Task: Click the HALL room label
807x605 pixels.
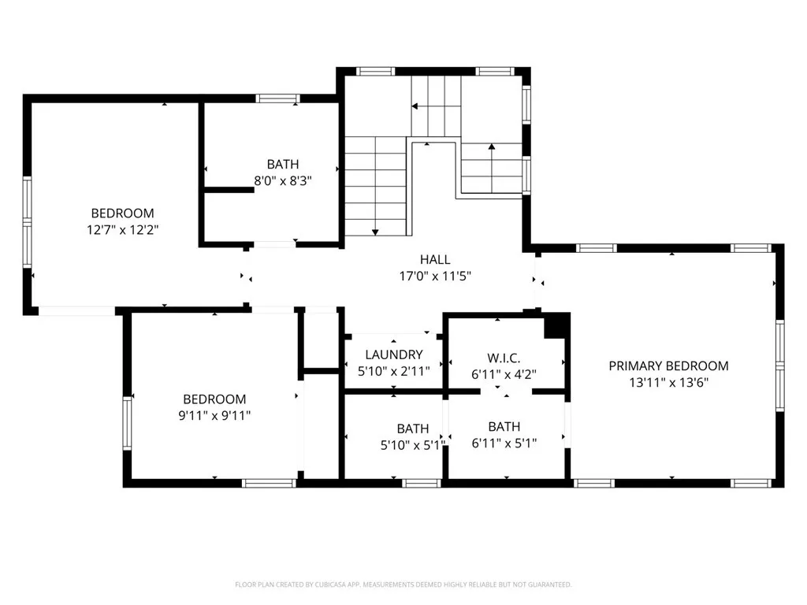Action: (x=435, y=259)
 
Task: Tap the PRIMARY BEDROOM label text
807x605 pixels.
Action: (x=668, y=366)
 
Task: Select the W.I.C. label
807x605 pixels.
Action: (x=504, y=358)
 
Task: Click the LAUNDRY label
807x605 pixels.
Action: (x=394, y=354)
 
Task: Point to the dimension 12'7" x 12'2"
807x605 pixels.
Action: (x=122, y=229)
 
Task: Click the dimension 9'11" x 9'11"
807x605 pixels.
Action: (x=214, y=415)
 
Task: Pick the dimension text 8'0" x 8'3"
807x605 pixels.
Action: (x=283, y=180)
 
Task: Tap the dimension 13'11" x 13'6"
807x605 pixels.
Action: (x=668, y=382)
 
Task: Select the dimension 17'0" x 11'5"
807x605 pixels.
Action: (x=435, y=277)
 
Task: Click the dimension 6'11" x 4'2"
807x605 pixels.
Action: (x=504, y=374)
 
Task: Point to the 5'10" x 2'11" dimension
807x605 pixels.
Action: (x=394, y=371)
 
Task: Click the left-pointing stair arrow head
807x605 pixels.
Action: (x=415, y=106)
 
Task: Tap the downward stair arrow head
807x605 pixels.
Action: (x=375, y=232)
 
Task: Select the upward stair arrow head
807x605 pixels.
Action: (x=492, y=147)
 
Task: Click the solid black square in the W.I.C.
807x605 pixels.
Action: (x=557, y=326)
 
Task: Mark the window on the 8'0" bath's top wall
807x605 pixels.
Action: (x=278, y=98)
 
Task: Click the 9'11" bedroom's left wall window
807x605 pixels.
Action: (x=127, y=423)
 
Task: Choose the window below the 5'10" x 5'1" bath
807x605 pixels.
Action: (x=421, y=483)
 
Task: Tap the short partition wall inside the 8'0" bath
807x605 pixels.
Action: (x=229, y=191)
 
